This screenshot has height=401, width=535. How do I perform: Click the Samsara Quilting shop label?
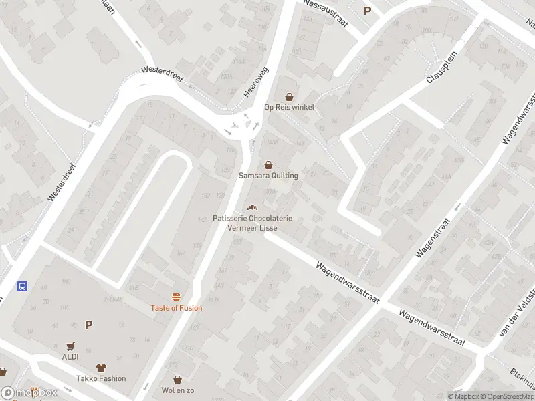pyautogui.click(x=268, y=176)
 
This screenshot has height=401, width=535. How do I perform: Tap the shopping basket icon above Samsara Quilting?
pyautogui.click(x=268, y=164)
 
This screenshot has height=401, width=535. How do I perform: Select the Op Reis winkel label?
pyautogui.click(x=289, y=107)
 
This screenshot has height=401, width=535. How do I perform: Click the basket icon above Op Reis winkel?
pyautogui.click(x=289, y=96)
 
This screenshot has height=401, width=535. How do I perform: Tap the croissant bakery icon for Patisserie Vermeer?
pyautogui.click(x=253, y=207)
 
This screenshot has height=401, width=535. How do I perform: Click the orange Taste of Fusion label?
pyautogui.click(x=177, y=308)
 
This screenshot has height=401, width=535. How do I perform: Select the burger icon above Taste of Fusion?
pyautogui.click(x=177, y=297)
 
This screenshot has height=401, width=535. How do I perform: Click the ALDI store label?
pyautogui.click(x=70, y=356)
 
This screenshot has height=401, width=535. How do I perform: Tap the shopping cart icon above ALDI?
pyautogui.click(x=70, y=346)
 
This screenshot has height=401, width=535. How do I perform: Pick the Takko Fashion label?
pyautogui.click(x=101, y=378)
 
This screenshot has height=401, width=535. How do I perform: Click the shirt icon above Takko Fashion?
pyautogui.click(x=101, y=367)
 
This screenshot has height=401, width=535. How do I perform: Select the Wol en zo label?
pyautogui.click(x=177, y=390)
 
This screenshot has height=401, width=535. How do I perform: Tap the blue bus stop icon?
pyautogui.click(x=22, y=287)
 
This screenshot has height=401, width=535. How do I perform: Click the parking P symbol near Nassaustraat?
pyautogui.click(x=367, y=11)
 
